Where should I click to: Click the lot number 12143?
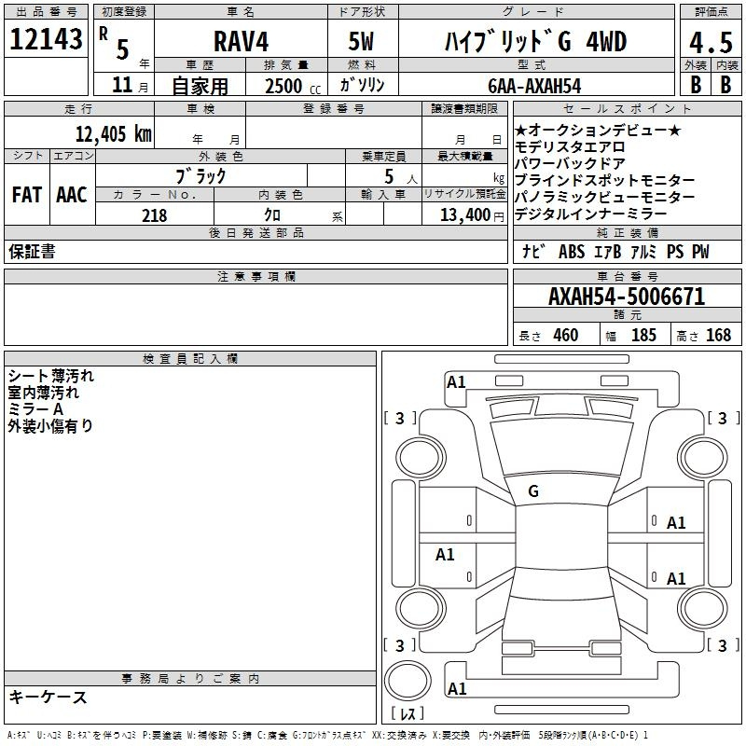[46, 38]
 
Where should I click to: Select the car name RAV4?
[241, 41]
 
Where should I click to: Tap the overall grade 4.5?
[711, 43]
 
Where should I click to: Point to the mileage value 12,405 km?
[113, 133]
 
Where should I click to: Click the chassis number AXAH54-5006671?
[627, 297]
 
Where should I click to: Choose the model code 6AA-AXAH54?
[534, 86]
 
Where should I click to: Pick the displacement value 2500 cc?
[293, 86]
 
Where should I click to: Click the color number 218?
[154, 215]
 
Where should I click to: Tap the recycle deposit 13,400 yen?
[472, 215]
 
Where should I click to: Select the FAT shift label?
[27, 195]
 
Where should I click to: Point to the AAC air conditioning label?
[72, 195]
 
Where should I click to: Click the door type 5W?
[361, 41]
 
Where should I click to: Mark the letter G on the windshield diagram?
[533, 491]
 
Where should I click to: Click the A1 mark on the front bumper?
[456, 382]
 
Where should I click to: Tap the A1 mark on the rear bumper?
[457, 688]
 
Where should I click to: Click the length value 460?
[566, 335]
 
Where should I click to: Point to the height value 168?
[718, 335]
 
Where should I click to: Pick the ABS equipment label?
[572, 252]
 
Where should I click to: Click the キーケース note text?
[48, 697]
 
